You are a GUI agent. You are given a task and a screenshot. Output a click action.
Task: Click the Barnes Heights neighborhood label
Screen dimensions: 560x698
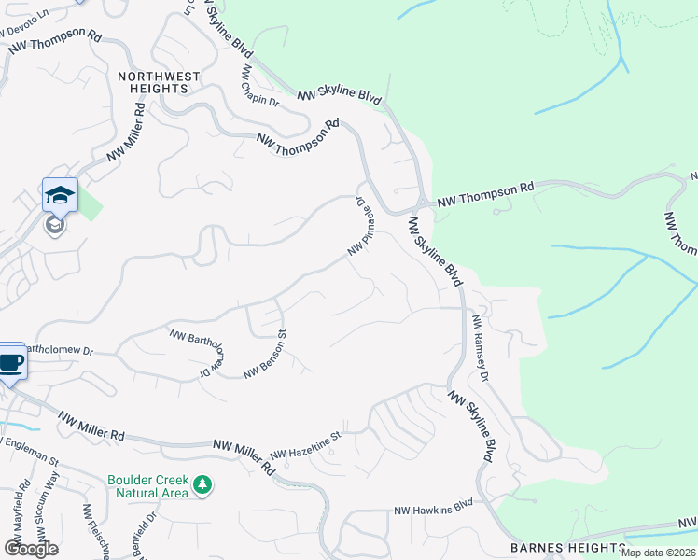coord(568,547)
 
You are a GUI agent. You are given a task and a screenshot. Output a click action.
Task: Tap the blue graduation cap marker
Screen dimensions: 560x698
coord(60,194)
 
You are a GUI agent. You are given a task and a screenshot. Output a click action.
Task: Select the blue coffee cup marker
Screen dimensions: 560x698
coord(11,362)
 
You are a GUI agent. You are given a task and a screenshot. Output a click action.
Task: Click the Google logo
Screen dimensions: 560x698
coord(31,548)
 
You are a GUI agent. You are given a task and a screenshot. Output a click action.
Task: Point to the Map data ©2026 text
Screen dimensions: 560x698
coord(659,553)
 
